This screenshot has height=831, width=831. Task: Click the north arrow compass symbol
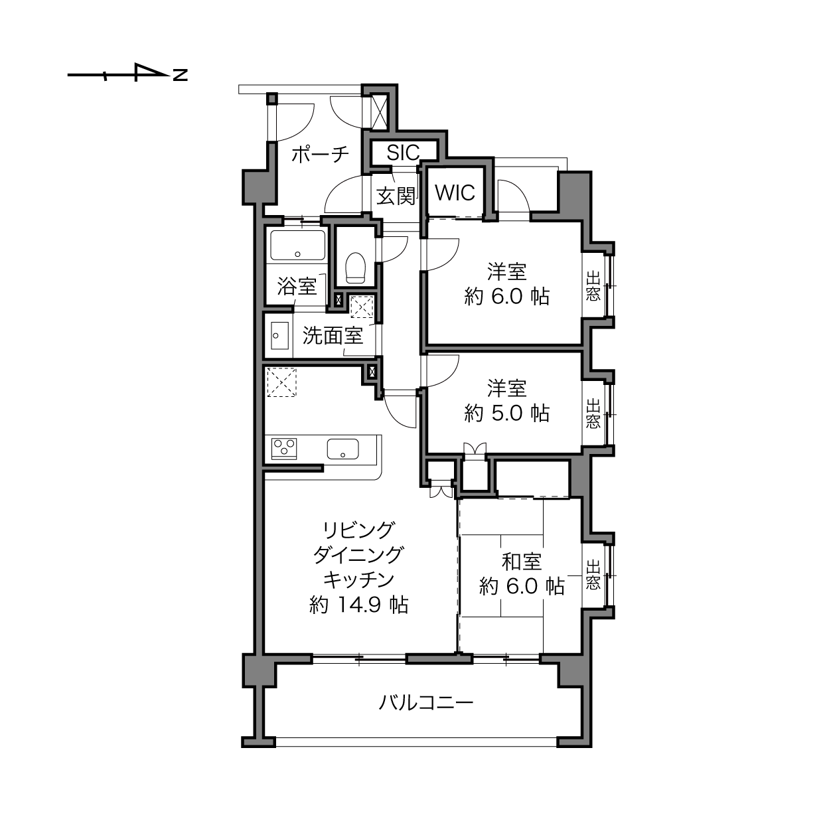[x=127, y=72]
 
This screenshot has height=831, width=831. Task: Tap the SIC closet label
[x=403, y=152]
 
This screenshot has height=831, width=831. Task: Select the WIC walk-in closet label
[x=455, y=192]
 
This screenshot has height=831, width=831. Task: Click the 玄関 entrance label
[x=396, y=196]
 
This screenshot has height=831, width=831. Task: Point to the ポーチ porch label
[x=320, y=155]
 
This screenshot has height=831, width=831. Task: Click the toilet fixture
[x=356, y=267]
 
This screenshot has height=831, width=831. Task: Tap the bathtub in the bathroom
[x=297, y=245]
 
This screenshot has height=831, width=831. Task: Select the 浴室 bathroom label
[x=297, y=286]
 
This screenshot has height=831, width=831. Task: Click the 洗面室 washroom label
[x=333, y=335]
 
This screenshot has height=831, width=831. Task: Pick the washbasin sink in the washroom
[x=279, y=336]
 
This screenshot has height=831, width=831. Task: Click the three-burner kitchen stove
[x=284, y=449]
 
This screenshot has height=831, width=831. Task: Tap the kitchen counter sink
[x=343, y=449]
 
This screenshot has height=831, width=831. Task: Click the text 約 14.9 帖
[x=359, y=605]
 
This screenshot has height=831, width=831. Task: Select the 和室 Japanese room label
[x=522, y=562]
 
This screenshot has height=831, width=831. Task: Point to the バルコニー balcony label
[x=426, y=703]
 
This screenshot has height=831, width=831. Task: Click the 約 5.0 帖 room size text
[x=506, y=413]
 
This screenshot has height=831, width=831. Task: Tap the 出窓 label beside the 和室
[x=593, y=574]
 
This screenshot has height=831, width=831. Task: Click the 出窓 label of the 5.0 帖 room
[x=593, y=414]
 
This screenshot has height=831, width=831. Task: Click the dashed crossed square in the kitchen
[x=281, y=382]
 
